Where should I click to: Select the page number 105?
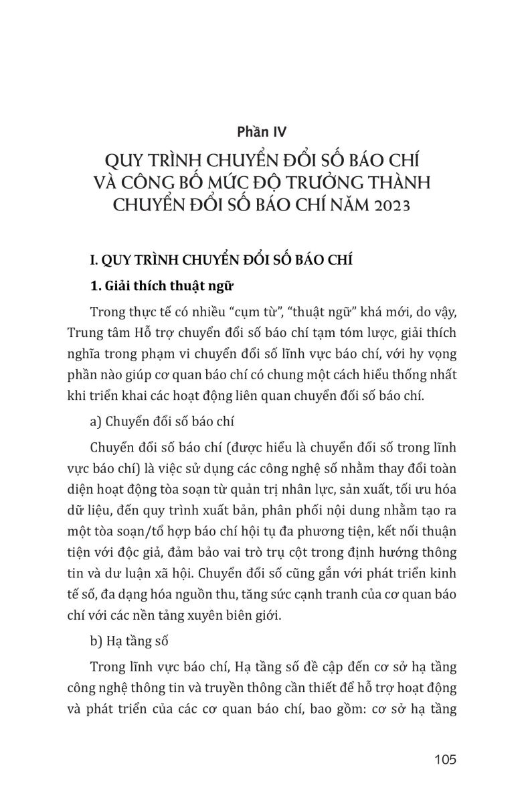tap(444, 759)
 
